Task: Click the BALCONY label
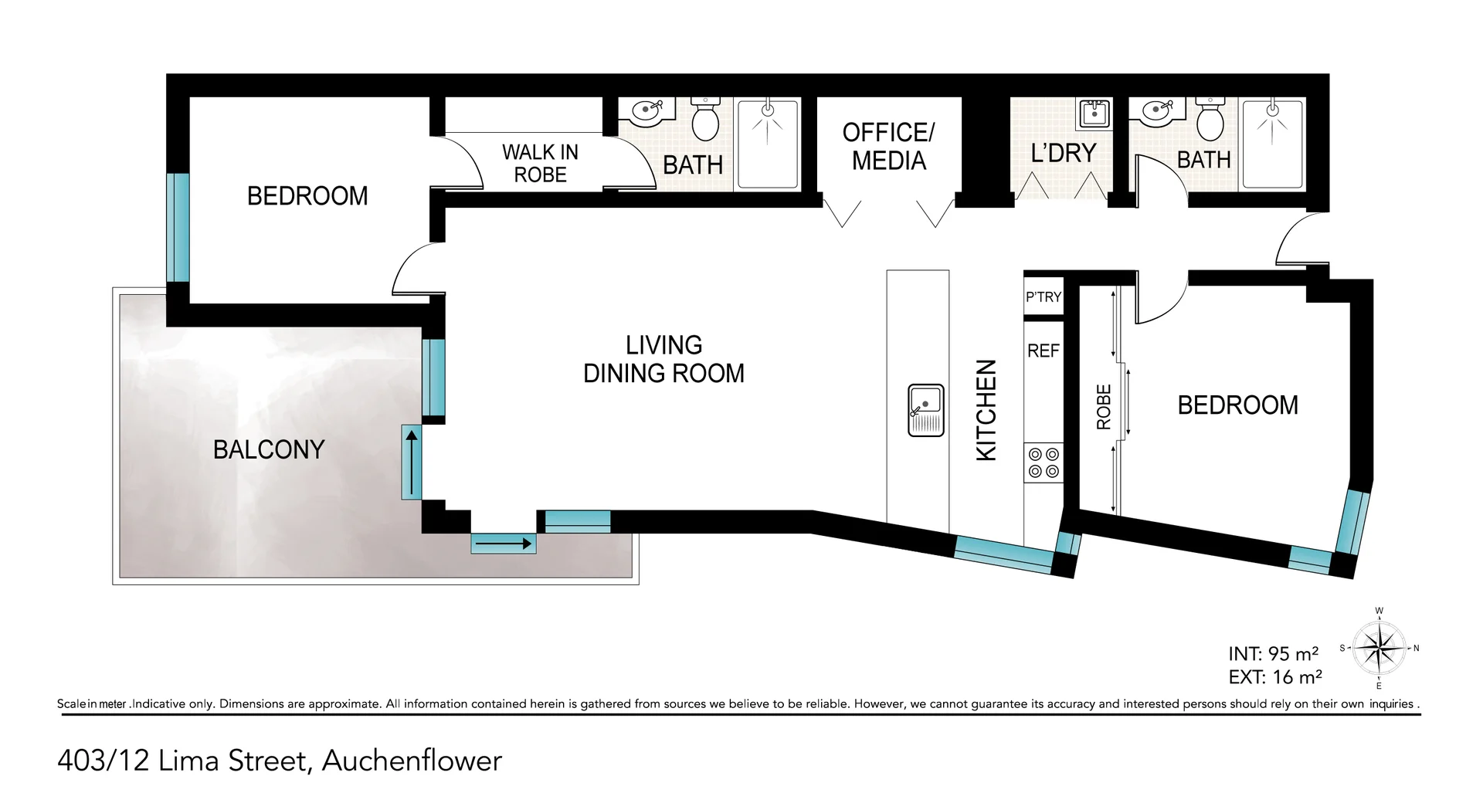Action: click(x=268, y=449)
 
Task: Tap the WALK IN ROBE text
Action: click(x=540, y=163)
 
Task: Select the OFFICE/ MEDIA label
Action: click(x=888, y=147)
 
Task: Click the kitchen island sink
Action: click(x=926, y=409)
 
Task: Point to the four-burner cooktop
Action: click(x=1044, y=462)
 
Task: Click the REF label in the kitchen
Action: click(x=1043, y=351)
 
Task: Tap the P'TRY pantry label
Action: click(x=1043, y=297)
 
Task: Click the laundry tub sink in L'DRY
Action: click(x=1094, y=114)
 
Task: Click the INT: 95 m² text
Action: click(x=1273, y=654)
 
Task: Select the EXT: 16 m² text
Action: click(x=1274, y=677)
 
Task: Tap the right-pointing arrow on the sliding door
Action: click(x=504, y=544)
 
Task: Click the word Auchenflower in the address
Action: click(x=412, y=761)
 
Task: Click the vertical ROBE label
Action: click(x=1104, y=407)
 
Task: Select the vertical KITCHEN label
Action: click(x=986, y=410)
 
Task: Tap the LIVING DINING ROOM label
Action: click(x=663, y=359)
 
